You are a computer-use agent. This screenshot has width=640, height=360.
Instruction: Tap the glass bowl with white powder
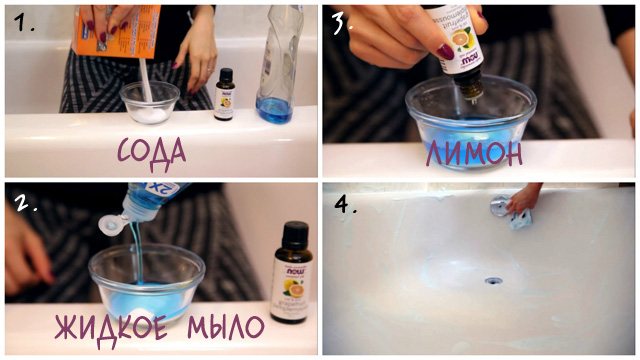tap(150, 103)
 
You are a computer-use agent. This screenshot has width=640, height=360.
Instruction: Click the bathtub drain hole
tap(493, 281)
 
